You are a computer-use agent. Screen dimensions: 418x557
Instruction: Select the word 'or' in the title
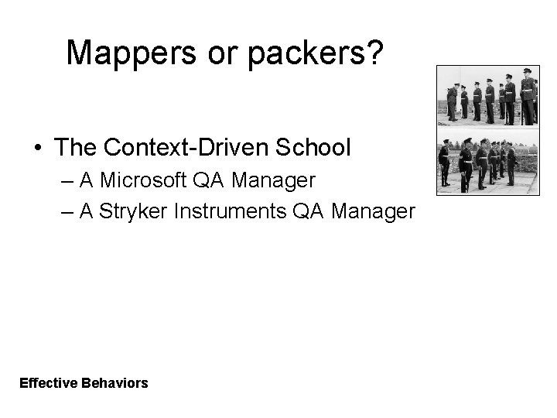click(242, 53)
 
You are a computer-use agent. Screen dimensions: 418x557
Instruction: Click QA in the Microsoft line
click(210, 180)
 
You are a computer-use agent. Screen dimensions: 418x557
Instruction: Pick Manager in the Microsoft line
click(273, 180)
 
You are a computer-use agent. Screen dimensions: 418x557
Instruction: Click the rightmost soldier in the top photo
click(528, 97)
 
